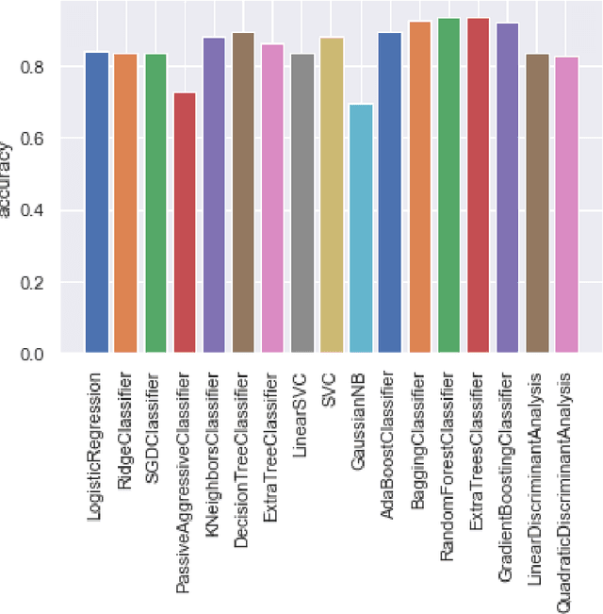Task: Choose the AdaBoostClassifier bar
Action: click(x=390, y=193)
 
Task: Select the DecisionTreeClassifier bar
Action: click(x=243, y=193)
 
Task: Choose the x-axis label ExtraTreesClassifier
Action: click(x=477, y=448)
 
